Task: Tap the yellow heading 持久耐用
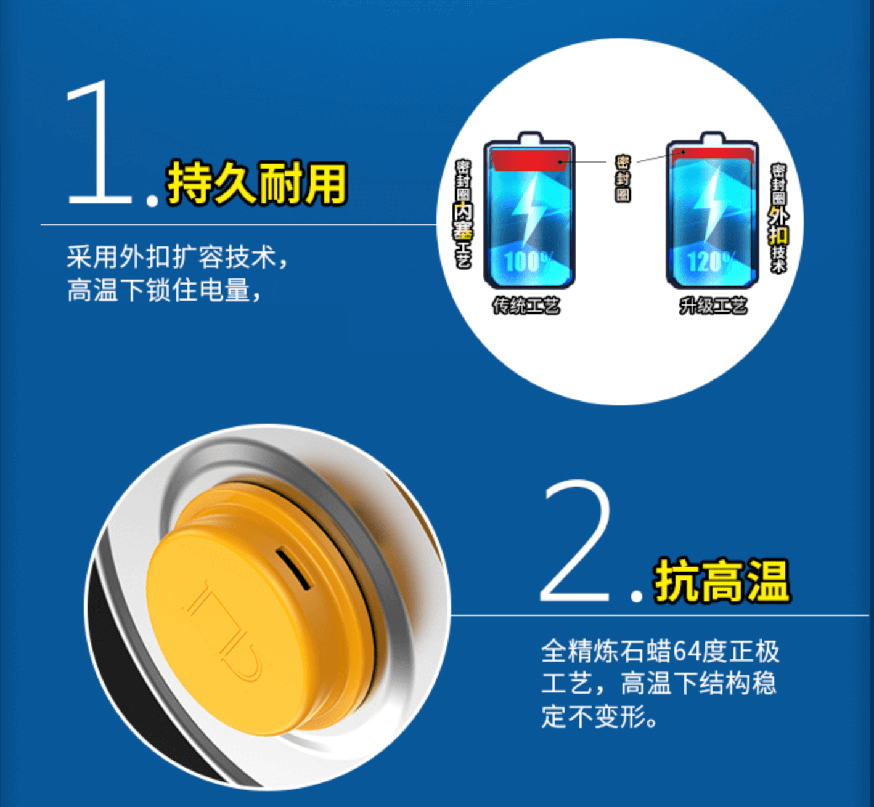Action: tap(256, 184)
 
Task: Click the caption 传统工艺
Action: tap(526, 306)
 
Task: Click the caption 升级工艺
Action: tap(713, 306)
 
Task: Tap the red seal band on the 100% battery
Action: tap(530, 160)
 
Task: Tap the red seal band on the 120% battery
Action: tap(713, 154)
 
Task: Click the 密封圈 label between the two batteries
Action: tap(623, 178)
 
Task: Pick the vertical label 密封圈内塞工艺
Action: tap(463, 214)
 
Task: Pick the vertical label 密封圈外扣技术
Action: tap(778, 218)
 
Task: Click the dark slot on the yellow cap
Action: tap(293, 568)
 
